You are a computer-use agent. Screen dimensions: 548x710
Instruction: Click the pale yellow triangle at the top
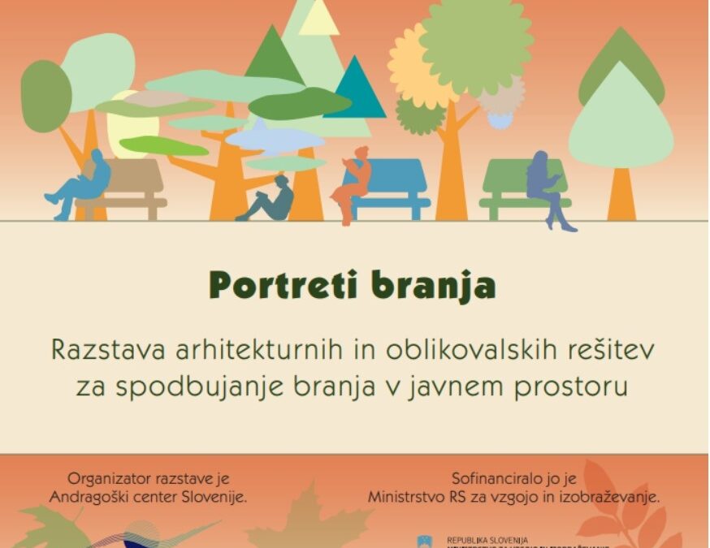(318, 19)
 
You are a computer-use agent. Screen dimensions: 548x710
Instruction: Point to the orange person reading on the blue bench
(353, 183)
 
